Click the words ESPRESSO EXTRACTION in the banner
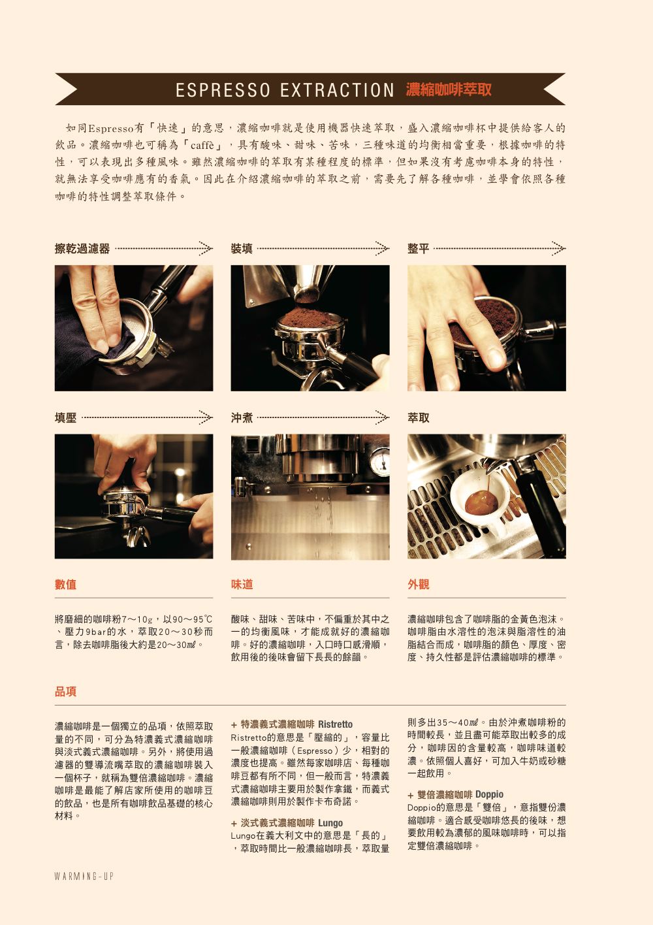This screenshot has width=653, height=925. click(x=285, y=90)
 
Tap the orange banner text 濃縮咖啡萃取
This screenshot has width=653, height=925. click(x=448, y=89)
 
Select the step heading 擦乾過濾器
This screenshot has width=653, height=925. click(x=82, y=249)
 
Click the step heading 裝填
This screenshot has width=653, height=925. click(x=242, y=249)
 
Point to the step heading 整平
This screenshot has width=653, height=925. click(x=418, y=249)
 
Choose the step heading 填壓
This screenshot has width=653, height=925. click(x=65, y=418)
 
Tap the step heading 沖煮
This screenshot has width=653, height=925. click(x=242, y=418)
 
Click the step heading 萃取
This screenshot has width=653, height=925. click(x=418, y=418)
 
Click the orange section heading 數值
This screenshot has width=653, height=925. click(x=65, y=584)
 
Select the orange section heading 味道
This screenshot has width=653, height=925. click(x=242, y=584)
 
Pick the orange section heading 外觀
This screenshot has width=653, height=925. click(x=418, y=584)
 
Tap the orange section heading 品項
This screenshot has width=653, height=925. click(x=65, y=692)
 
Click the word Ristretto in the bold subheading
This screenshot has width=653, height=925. click(x=336, y=724)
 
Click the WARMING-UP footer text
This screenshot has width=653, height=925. click(x=84, y=876)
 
